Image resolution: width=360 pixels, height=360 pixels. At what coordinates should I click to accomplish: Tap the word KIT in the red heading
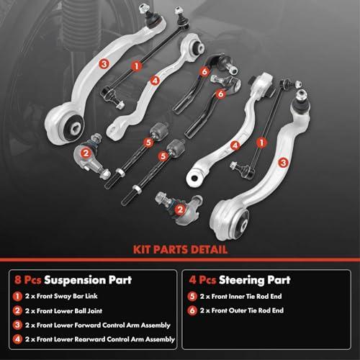(x=142, y=250)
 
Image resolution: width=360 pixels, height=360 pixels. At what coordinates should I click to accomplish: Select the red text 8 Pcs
(x=28, y=280)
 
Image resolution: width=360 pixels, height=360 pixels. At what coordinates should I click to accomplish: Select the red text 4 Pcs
(x=202, y=280)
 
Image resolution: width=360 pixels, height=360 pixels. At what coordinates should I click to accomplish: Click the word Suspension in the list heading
(x=75, y=280)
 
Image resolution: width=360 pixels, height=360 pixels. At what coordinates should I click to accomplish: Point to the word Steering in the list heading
(x=241, y=280)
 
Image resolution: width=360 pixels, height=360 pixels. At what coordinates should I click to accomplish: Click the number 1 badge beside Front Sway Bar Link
(x=17, y=297)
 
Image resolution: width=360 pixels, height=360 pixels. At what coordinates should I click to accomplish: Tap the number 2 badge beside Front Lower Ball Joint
(x=17, y=311)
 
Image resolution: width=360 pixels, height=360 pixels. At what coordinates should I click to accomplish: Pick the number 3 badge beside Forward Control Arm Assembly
(x=17, y=325)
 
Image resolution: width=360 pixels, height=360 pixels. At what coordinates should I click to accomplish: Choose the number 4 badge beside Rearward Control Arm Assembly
(x=17, y=339)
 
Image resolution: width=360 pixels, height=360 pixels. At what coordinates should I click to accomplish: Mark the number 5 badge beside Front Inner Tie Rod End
(x=192, y=297)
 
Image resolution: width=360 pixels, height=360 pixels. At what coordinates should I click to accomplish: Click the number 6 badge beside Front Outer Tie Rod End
(x=192, y=310)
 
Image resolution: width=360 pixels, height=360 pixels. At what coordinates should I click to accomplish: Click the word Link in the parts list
(x=91, y=296)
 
